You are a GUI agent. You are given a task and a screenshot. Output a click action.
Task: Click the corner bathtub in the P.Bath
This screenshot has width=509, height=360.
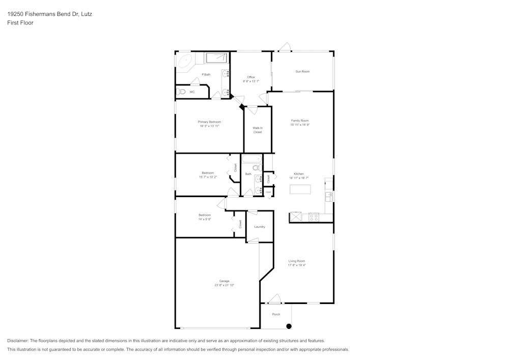pyautogui.click(x=184, y=61)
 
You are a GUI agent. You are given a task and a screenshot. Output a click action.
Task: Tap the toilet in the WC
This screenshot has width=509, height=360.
pyautogui.click(x=181, y=92)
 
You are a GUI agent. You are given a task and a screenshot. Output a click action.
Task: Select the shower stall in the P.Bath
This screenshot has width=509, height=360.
pyautogui.click(x=216, y=58)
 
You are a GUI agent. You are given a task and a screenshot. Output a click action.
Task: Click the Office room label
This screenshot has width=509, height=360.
pyautogui.click(x=251, y=77)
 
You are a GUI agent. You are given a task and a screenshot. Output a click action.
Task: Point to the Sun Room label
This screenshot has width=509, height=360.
pyautogui.click(x=302, y=71)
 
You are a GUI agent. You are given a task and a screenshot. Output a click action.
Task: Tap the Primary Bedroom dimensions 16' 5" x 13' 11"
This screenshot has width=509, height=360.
pyautogui.click(x=209, y=126)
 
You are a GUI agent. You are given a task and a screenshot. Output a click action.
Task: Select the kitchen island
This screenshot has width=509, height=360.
pyautogui.click(x=300, y=189)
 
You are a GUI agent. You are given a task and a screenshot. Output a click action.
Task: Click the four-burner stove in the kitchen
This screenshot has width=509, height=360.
pyautogui.click(x=314, y=217)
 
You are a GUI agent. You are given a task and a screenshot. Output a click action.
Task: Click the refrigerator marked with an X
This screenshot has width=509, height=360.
pyautogui.click(x=295, y=217)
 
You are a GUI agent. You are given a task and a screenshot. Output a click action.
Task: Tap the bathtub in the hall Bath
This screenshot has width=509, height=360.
pyautogui.click(x=251, y=159)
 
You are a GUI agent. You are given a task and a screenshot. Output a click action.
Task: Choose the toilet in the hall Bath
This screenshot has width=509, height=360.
pyautogui.click(x=257, y=168)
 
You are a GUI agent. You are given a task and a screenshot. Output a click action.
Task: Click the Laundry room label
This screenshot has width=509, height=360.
pyautogui.click(x=260, y=227)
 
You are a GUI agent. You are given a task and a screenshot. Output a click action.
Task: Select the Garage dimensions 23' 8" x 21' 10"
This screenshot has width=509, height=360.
pyautogui.click(x=224, y=285)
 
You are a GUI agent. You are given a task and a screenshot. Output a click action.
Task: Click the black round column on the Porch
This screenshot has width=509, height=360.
pyautogui.click(x=289, y=326)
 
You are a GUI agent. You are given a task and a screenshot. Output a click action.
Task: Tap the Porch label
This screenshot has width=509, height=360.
pyautogui.click(x=276, y=314)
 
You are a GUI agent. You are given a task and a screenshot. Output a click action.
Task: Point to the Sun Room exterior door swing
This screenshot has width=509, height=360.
pyautogui.click(x=285, y=47)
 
